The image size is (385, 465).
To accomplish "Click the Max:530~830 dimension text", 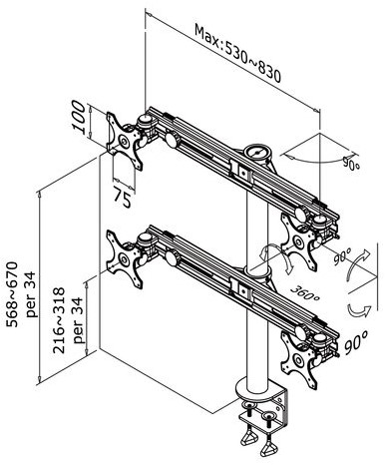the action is (x=237, y=53).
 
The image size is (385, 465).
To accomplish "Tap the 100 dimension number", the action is (x=79, y=118).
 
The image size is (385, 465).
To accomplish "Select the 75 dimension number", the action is (x=122, y=197).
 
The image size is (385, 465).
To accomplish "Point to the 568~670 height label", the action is (x=12, y=294).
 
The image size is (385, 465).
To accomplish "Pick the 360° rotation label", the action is (x=305, y=293).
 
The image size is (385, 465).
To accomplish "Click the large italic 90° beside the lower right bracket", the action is (x=356, y=342).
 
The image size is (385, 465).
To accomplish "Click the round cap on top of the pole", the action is (x=257, y=153).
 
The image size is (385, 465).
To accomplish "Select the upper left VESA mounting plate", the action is (x=124, y=141).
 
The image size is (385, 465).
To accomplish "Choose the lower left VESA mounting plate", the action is (x=124, y=258).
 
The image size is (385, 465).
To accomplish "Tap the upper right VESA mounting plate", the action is (x=298, y=242).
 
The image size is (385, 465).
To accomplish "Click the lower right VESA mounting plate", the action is (x=298, y=360).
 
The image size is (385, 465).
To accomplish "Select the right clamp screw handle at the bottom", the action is (x=268, y=450).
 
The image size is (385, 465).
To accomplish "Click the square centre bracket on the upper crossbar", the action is (x=243, y=173).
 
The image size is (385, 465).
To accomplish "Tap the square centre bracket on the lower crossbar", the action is (x=243, y=291).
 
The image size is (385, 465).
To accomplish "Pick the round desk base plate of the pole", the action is (x=256, y=392).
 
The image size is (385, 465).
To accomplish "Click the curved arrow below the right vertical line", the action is (x=360, y=311).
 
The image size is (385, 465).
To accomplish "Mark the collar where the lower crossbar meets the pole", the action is (x=256, y=273).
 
